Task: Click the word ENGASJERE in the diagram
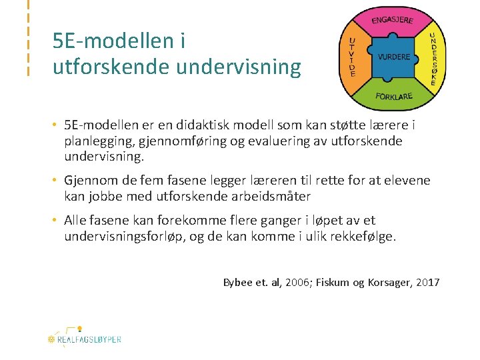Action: (392, 19)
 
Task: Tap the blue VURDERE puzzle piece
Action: (394, 57)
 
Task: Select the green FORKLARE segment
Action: (394, 97)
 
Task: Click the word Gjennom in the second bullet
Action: (90, 181)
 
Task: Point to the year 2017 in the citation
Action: (427, 283)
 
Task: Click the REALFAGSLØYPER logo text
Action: (89, 339)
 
